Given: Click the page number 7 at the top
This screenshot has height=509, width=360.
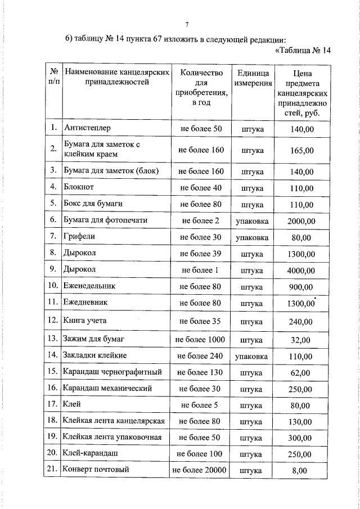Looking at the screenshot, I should (186, 24).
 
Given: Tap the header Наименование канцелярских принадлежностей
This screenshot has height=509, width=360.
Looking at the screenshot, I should (116, 78).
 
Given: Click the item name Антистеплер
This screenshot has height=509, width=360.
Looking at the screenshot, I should (87, 129).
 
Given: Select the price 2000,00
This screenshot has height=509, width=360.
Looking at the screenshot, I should (301, 221).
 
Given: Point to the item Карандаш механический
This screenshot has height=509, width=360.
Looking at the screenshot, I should (107, 388).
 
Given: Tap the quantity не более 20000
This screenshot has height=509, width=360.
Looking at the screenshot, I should (200, 470).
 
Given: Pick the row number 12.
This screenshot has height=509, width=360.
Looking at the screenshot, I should (53, 321).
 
